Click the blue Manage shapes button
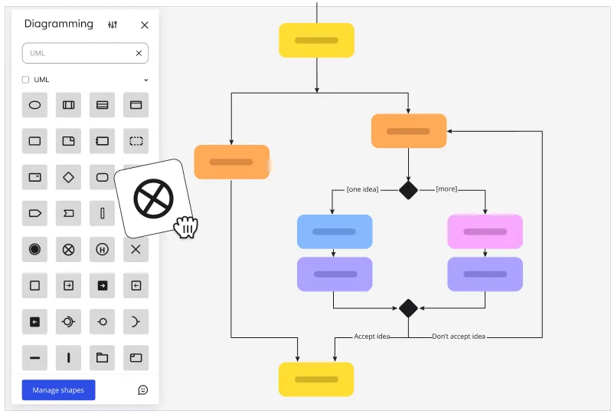[x=58, y=389]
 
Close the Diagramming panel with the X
[x=145, y=25]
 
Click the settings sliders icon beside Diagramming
[x=113, y=25]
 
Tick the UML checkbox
[x=26, y=80]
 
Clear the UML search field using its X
[x=139, y=53]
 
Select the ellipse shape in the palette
[x=34, y=105]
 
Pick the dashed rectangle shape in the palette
[x=136, y=141]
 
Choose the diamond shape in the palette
[x=68, y=177]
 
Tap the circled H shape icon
[x=102, y=249]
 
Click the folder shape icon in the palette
[x=102, y=357]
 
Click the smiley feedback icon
[x=142, y=389]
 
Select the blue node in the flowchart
[x=335, y=231]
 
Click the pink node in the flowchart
[x=485, y=231]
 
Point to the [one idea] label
[x=362, y=189]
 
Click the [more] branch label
[x=446, y=189]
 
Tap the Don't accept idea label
[x=458, y=337]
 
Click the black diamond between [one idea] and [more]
[x=408, y=190]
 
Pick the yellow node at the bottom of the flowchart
[x=316, y=379]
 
